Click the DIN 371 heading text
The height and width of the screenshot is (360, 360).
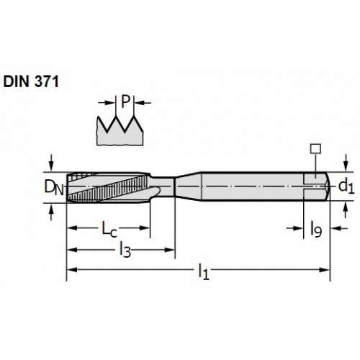(x=31, y=81)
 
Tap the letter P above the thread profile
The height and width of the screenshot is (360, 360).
(x=125, y=102)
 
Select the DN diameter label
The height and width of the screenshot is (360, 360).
(x=54, y=187)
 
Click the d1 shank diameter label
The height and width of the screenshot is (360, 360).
(x=346, y=186)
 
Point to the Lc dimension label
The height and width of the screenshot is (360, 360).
(x=109, y=229)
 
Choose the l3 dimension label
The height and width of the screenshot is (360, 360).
(x=125, y=250)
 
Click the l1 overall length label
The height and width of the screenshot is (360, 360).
(x=204, y=271)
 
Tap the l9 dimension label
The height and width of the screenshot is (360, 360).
(x=316, y=229)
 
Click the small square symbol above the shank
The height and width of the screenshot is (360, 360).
(x=315, y=149)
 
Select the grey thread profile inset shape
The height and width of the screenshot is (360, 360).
(x=120, y=131)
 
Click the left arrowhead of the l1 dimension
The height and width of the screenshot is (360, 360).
(x=72, y=270)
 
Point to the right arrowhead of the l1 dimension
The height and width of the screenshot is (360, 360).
(x=325, y=270)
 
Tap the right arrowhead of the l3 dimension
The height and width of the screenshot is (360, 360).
(x=169, y=250)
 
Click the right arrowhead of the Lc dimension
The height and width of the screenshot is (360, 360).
(x=145, y=228)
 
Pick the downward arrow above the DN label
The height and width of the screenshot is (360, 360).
(x=51, y=163)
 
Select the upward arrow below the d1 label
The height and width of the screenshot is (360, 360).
(x=346, y=210)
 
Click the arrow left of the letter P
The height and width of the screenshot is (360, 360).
(x=107, y=103)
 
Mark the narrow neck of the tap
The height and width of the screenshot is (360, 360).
(x=163, y=186)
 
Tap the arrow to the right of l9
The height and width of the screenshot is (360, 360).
(x=339, y=228)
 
